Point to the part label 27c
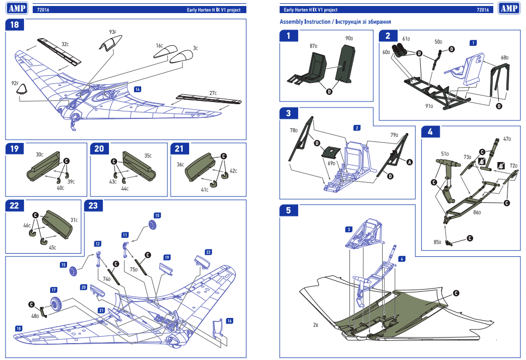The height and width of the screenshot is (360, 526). [213, 93]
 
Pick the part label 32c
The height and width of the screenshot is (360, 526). [64, 44]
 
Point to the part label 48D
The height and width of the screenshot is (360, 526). [35, 316]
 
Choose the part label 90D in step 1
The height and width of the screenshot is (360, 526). [349, 39]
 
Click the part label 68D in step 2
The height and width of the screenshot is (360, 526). [504, 57]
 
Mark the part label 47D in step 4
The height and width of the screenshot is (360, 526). [507, 139]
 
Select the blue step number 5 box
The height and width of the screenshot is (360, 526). [288, 210]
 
